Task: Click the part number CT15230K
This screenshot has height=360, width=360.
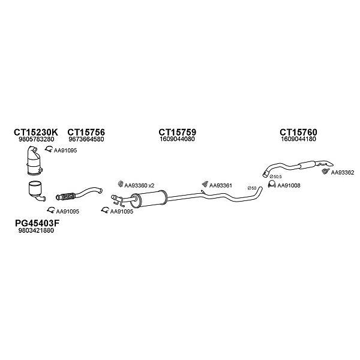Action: point(36,132)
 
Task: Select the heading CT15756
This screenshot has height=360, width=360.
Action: point(86,132)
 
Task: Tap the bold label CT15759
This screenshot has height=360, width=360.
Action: point(177,132)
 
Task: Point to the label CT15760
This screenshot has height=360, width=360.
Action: point(298,132)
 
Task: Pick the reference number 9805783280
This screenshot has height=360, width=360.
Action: point(36,139)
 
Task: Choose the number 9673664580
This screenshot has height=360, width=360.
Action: point(86,139)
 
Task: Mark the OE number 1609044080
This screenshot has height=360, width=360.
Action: point(177,139)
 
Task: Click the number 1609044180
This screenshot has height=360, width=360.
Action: point(298,139)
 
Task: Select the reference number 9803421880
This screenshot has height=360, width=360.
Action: point(36,230)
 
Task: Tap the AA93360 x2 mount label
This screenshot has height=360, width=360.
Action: point(139,185)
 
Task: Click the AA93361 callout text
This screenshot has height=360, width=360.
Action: point(220,185)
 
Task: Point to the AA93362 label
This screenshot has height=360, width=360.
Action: point(343,172)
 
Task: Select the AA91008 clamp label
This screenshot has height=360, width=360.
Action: point(289,185)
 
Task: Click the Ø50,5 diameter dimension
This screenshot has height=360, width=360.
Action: point(276,176)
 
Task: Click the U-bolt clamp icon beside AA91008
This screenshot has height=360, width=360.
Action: point(272,184)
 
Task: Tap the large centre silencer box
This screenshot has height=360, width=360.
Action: point(149,199)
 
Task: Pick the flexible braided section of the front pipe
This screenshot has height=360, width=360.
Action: point(68,197)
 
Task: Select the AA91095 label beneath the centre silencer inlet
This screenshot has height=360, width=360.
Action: point(122,211)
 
